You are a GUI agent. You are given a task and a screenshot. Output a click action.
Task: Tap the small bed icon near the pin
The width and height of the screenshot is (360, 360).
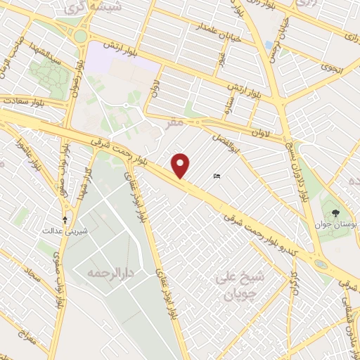tap(217, 176)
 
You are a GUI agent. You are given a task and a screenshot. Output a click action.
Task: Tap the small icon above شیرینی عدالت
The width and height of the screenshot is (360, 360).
tap(65, 219)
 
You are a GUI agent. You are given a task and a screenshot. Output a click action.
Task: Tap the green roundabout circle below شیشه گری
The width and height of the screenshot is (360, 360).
tap(82, 35)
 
